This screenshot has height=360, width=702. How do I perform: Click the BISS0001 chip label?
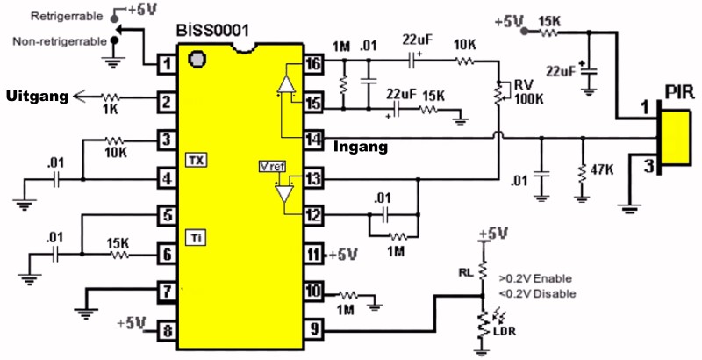tap(212, 31)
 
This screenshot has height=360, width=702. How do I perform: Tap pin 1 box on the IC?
tap(167, 64)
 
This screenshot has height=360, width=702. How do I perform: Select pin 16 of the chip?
tap(313, 64)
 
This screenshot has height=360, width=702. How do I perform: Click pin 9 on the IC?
tap(314, 331)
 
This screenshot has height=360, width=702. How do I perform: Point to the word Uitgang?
tap(37, 96)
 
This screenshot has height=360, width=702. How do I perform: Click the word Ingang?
tap(361, 147)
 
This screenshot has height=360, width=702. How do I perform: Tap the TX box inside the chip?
tap(197, 160)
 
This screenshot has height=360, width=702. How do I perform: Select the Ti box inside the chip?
tap(197, 238)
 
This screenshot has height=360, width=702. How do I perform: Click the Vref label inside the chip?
tap(272, 167)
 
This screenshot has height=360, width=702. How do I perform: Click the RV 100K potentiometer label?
tap(528, 92)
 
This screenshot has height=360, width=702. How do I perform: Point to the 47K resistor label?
tap(601, 170)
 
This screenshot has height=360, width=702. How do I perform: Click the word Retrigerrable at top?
tap(67, 16)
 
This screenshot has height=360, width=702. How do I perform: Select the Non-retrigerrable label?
tap(60, 41)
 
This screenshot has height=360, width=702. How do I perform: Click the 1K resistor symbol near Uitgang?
tap(111, 97)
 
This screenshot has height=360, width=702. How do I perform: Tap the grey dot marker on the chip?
tap(197, 60)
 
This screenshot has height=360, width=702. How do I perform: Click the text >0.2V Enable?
tap(535, 278)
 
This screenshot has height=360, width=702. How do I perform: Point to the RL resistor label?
tap(466, 271)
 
